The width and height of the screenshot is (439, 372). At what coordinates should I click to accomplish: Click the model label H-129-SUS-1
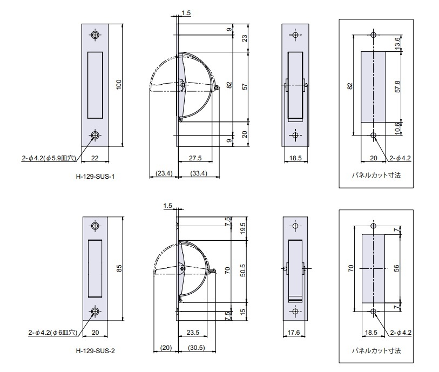click(95, 177)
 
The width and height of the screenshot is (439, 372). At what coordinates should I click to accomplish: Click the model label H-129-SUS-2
click(95, 351)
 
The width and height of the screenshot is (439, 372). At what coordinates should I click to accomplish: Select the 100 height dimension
click(119, 85)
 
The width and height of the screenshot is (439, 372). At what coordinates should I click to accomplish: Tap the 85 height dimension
click(119, 268)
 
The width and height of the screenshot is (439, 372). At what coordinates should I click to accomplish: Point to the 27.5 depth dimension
click(195, 158)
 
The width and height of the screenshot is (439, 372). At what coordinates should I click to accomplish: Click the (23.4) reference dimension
click(164, 173)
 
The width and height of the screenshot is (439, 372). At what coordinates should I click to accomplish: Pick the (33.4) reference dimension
click(199, 173)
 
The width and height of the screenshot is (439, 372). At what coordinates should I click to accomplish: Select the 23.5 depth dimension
click(193, 332)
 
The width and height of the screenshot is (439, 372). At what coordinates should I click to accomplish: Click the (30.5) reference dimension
click(197, 348)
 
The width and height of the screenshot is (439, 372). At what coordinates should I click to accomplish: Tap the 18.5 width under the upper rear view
click(295, 158)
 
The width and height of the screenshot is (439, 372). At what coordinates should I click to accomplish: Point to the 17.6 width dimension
click(293, 332)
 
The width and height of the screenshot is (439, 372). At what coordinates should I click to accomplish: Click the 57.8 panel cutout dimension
click(397, 86)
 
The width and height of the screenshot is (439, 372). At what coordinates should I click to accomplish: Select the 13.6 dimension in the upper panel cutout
click(397, 43)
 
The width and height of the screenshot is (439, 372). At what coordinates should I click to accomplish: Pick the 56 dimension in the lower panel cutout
click(396, 268)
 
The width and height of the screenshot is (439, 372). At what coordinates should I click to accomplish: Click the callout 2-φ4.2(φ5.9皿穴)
click(49, 158)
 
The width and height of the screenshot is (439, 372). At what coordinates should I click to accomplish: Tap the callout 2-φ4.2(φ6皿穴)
click(52, 332)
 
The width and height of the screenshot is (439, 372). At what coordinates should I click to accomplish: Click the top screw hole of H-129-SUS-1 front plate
click(95, 35)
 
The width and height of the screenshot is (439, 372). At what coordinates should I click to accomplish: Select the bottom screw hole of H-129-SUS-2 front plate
click(95, 312)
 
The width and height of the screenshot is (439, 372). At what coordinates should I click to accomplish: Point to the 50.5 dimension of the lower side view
click(243, 270)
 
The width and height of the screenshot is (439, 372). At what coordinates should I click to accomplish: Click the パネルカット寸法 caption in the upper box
click(376, 175)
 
